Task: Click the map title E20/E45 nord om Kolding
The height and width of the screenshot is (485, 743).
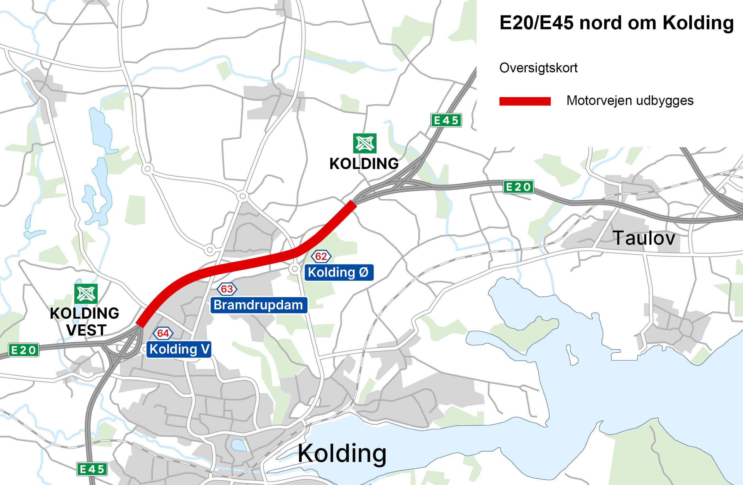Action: (616, 23)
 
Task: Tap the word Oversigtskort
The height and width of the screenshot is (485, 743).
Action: (538, 68)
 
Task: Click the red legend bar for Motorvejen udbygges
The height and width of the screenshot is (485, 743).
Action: (525, 101)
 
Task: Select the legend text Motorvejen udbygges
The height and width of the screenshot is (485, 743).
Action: (630, 101)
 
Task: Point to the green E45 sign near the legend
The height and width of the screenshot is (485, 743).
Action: (446, 120)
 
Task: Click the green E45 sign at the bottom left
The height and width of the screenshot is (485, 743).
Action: (92, 469)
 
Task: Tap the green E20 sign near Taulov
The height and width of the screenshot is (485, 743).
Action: (518, 187)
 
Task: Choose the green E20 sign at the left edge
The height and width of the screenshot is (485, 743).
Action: (23, 350)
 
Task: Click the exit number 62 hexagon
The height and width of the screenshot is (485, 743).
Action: (321, 256)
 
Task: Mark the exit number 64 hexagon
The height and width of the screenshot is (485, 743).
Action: (163, 333)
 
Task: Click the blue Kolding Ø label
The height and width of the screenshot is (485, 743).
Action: (339, 272)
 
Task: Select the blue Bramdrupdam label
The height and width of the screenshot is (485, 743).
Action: (259, 305)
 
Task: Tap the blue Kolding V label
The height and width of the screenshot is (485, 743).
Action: (179, 349)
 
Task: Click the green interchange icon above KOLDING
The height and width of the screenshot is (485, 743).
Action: (364, 143)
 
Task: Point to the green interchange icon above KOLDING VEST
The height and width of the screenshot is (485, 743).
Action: (86, 294)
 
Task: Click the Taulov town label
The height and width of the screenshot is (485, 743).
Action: (644, 238)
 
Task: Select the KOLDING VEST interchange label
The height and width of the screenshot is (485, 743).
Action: (85, 321)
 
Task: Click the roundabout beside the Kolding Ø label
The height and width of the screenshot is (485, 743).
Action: (294, 269)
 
